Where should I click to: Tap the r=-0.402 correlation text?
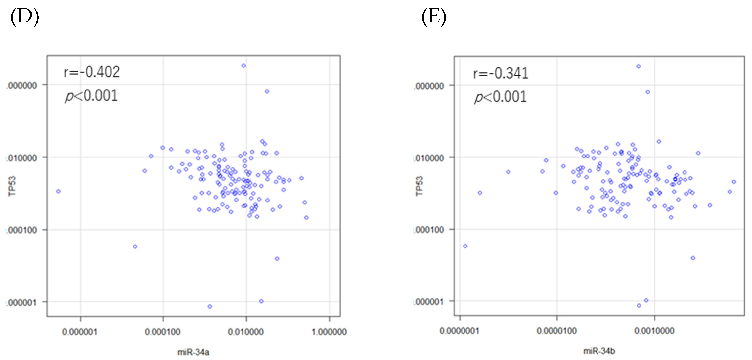tap(92, 72)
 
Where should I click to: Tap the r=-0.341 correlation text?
tap(501, 73)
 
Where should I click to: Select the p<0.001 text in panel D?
tap(91, 96)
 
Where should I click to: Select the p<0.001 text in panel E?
tap(500, 97)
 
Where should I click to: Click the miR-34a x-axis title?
tap(193, 352)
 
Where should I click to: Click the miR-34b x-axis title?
tap(599, 351)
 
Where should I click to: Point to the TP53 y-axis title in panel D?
tap(12, 186)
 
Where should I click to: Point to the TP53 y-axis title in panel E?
tap(419, 186)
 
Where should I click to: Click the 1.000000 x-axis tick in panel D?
tap(329, 332)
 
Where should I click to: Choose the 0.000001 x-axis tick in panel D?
tap(80, 332)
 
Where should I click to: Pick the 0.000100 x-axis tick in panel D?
tap(163, 332)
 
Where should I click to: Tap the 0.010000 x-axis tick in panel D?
tap(246, 332)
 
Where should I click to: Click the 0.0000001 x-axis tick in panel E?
tap(459, 331)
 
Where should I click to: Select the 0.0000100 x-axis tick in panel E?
tap(557, 331)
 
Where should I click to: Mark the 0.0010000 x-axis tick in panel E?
tap(654, 331)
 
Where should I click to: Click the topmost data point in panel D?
tap(244, 66)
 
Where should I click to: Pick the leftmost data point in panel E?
tap(465, 246)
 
